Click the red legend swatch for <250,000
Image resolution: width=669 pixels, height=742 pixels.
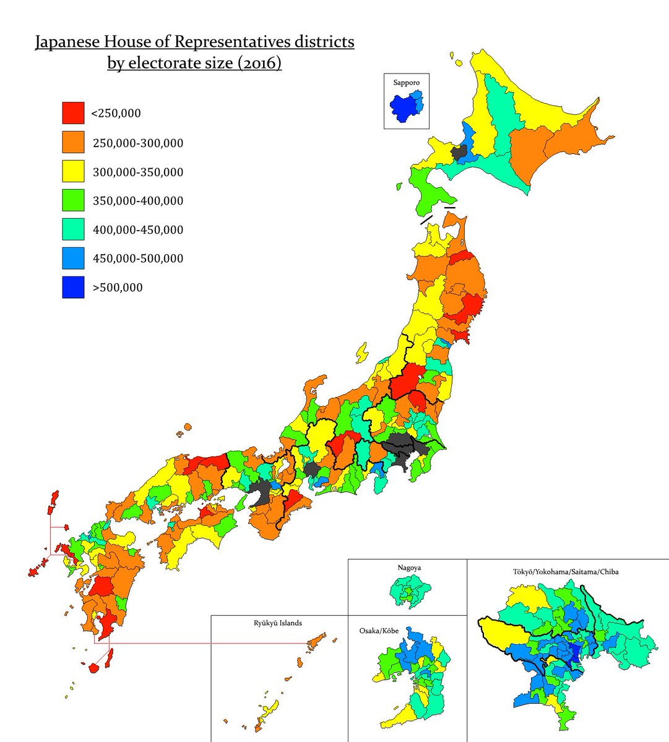pos(73,113)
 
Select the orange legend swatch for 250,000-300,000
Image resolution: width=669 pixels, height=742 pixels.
pos(73,142)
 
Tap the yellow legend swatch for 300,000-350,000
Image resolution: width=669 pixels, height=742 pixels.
pos(73,171)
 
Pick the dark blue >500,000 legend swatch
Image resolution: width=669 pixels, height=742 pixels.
pos(73,287)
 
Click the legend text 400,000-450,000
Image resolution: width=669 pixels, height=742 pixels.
pos(137,230)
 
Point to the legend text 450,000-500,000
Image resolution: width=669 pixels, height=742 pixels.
pos(137,258)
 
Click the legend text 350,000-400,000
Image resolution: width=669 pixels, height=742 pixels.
pos(137,201)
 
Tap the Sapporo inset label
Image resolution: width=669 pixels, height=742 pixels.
pos(406,82)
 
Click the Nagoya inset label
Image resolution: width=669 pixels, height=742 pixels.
pos(409,567)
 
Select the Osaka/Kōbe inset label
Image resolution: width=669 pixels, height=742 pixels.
pos(379,631)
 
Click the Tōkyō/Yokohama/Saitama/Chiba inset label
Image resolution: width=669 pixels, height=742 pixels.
pos(566,572)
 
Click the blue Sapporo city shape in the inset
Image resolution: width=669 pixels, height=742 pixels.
pos(404,106)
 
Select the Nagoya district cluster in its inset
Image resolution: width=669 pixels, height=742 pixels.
pos(409,591)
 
